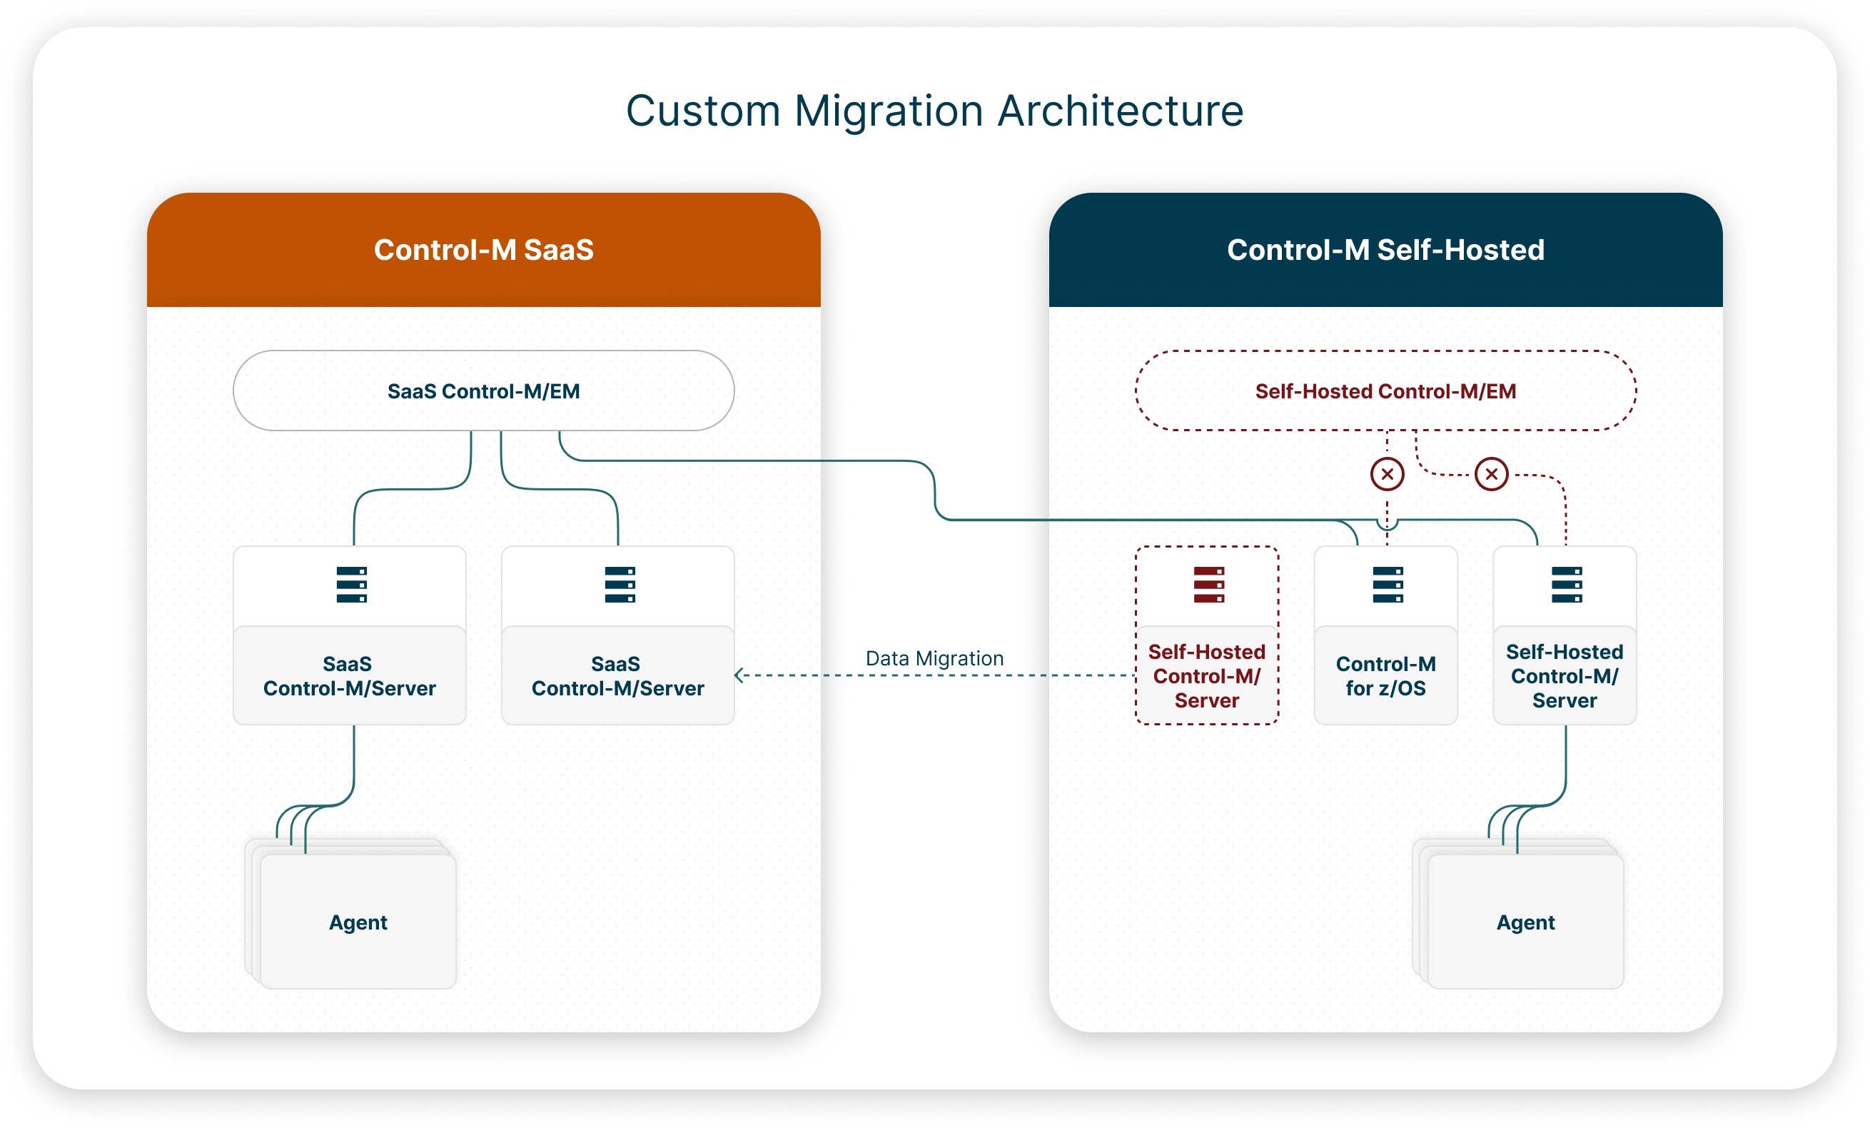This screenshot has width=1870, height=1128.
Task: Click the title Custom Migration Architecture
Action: click(x=934, y=111)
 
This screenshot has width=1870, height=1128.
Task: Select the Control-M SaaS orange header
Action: click(x=483, y=250)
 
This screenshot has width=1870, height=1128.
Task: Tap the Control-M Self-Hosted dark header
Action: click(x=1385, y=250)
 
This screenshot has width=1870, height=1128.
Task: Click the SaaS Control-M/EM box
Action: click(x=483, y=391)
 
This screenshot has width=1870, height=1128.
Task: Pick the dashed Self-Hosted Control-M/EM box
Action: click(x=1385, y=391)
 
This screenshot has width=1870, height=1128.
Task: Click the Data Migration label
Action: click(x=934, y=658)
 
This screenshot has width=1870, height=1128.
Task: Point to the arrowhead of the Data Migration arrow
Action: click(x=739, y=675)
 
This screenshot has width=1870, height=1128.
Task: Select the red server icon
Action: click(x=1208, y=585)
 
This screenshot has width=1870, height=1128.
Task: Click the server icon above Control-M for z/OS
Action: click(x=1388, y=585)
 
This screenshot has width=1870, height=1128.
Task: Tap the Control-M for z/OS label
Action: click(x=1386, y=675)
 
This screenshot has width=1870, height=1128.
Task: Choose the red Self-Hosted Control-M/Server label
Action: click(x=1207, y=675)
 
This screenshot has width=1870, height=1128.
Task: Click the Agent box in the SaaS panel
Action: click(x=358, y=922)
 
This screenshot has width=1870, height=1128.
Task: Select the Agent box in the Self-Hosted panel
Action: click(x=1525, y=922)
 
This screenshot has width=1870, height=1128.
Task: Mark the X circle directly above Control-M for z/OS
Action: click(x=1388, y=475)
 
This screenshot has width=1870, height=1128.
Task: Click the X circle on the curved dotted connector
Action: click(x=1491, y=475)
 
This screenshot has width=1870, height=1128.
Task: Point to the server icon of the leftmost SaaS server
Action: click(x=351, y=585)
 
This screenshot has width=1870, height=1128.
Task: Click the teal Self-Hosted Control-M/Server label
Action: click(x=1564, y=675)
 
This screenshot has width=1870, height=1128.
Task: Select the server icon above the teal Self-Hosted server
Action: click(x=1567, y=585)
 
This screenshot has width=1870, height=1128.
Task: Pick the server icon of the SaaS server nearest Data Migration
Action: click(x=620, y=585)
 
